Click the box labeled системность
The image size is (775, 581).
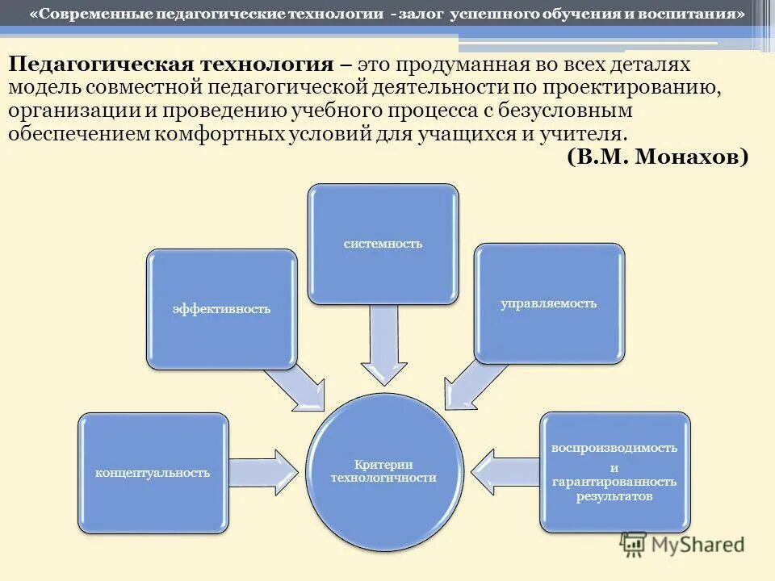pyautogui.click(x=382, y=244)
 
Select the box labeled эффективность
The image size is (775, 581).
pyautogui.click(x=221, y=308)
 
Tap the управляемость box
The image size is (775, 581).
pyautogui.click(x=549, y=303)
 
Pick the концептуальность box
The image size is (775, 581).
pyautogui.click(x=153, y=473)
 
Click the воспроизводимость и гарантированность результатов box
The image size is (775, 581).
pyautogui.click(x=614, y=472)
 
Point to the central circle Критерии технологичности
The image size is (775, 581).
pyautogui.click(x=383, y=471)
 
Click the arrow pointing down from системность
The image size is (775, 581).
pyautogui.click(x=383, y=343)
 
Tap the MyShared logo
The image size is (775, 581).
pyautogui.click(x=682, y=544)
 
